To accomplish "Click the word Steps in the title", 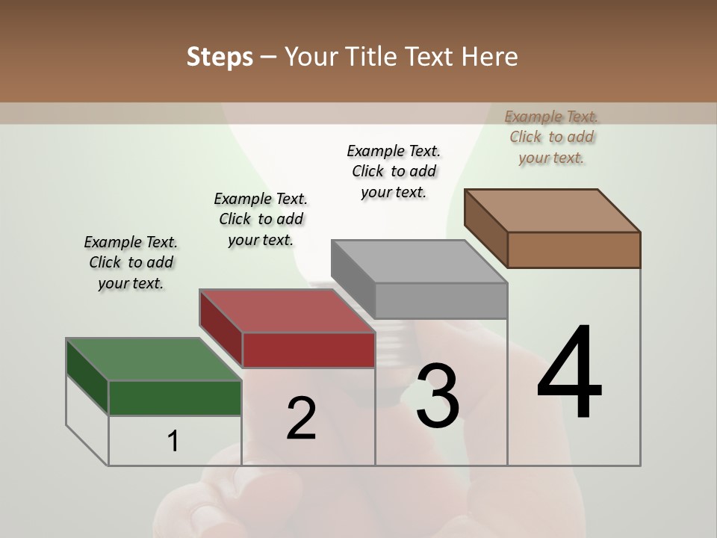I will click(x=220, y=57).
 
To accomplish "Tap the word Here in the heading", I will click(x=490, y=57).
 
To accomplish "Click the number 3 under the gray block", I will click(x=438, y=395).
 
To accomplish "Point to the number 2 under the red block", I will click(x=301, y=418).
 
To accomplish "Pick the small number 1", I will click(x=173, y=442).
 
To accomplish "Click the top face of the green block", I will click(x=153, y=359).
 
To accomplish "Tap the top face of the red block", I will click(x=286, y=311).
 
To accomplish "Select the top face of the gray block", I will click(x=418, y=262).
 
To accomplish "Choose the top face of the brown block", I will click(x=551, y=211).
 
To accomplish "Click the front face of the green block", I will click(x=175, y=398).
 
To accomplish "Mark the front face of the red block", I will click(x=308, y=350).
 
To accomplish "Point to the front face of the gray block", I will click(x=441, y=300).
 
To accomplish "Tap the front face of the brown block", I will click(x=574, y=250).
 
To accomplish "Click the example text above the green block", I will click(x=131, y=262).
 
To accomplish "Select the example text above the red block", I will click(x=261, y=219).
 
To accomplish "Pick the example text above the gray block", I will click(x=394, y=171).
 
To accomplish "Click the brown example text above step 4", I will click(x=551, y=137).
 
